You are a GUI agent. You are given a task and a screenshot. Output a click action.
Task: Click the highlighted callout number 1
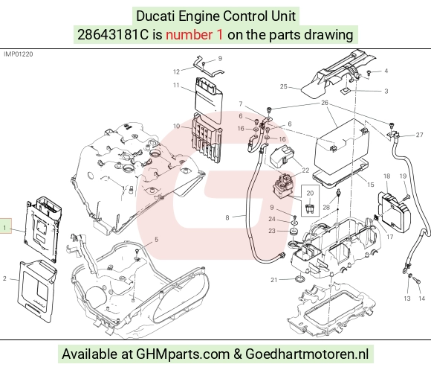(x=4, y=228)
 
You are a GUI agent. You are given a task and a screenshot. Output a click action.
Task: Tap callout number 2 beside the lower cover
(x=4, y=278)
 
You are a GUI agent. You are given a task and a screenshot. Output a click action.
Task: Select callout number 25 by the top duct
(x=284, y=86)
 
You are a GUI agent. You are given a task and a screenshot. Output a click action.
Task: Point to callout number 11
(x=176, y=85)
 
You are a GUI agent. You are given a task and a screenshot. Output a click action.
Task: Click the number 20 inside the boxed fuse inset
(x=310, y=194)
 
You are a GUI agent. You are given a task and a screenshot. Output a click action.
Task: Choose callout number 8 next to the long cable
(x=227, y=218)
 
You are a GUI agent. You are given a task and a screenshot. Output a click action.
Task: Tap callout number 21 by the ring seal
(x=273, y=280)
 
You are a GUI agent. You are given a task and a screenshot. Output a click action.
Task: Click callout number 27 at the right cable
(x=419, y=135)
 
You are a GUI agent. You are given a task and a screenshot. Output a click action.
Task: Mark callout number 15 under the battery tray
(x=371, y=185)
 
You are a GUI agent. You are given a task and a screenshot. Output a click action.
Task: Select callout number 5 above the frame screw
(x=156, y=240)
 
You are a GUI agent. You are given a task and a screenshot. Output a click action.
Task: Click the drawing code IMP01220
(x=18, y=54)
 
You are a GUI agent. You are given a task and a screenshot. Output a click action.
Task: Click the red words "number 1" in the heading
(x=194, y=35)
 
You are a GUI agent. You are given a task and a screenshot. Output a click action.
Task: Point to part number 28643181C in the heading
(x=113, y=35)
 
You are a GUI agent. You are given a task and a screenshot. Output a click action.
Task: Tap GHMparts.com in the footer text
(x=183, y=354)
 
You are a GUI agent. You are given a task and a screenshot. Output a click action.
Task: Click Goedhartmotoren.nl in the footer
(x=307, y=354)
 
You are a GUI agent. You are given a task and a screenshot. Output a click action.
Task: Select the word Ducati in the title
(x=156, y=16)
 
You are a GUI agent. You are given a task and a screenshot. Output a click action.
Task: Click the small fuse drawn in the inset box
(x=310, y=209)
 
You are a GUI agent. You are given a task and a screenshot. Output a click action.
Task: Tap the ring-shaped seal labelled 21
(x=300, y=280)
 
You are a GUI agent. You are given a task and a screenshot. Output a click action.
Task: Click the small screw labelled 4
(x=369, y=73)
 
